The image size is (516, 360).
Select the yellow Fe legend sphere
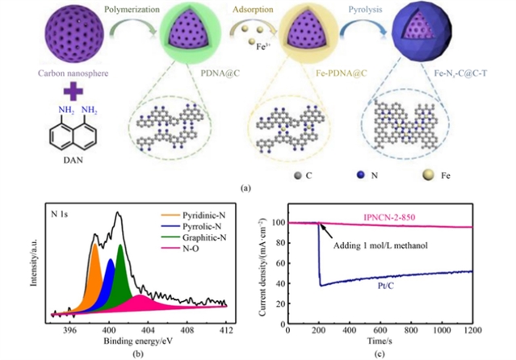441,173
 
